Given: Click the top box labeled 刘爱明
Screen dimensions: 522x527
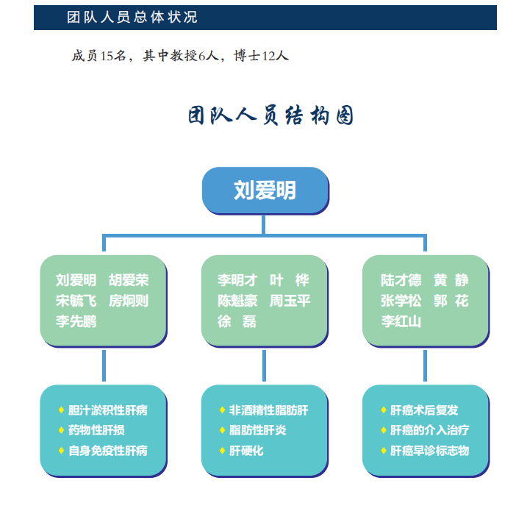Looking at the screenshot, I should pyautogui.click(x=265, y=190).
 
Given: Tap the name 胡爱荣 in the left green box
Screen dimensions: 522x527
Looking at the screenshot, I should pyautogui.click(x=129, y=280).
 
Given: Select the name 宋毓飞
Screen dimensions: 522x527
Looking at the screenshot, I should pyautogui.click(x=76, y=301).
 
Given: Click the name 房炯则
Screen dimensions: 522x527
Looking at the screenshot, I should pyautogui.click(x=129, y=301).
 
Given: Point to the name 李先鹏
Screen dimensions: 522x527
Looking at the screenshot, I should pyautogui.click(x=76, y=321).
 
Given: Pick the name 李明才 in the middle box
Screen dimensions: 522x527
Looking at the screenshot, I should pyautogui.click(x=237, y=280).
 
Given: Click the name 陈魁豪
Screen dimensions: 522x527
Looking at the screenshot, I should pyautogui.click(x=237, y=301).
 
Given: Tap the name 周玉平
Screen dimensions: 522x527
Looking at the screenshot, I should pyautogui.click(x=290, y=301).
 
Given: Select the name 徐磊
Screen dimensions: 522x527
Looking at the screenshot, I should pyautogui.click(x=237, y=321).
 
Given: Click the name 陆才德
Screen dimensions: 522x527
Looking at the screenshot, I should pyautogui.click(x=401, y=280).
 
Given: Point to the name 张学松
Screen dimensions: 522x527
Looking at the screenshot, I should pyautogui.click(x=401, y=301).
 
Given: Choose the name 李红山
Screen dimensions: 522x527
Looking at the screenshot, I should pyautogui.click(x=401, y=321).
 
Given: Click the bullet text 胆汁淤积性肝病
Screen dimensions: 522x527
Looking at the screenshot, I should pyautogui.click(x=107, y=410).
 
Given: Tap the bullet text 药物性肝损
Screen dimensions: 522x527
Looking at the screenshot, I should pyautogui.click(x=96, y=430).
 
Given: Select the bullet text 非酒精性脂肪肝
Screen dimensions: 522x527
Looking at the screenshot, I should pyautogui.click(x=268, y=410).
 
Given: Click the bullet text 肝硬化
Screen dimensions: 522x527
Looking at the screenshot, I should pyautogui.click(x=246, y=451).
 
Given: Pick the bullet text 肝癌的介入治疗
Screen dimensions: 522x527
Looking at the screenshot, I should pyautogui.click(x=429, y=430).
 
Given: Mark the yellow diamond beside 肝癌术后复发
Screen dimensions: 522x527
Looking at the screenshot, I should pyautogui.click(x=384, y=410).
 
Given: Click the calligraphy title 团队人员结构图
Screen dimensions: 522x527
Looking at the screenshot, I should pyautogui.click(x=270, y=116).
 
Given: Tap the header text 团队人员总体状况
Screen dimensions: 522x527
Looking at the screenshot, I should pyautogui.click(x=132, y=17).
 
